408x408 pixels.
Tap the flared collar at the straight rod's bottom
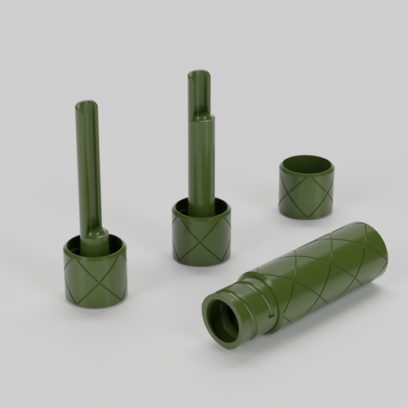(95, 237)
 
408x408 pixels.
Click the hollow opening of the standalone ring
(307, 166)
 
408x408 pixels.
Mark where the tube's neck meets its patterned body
(273, 289)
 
